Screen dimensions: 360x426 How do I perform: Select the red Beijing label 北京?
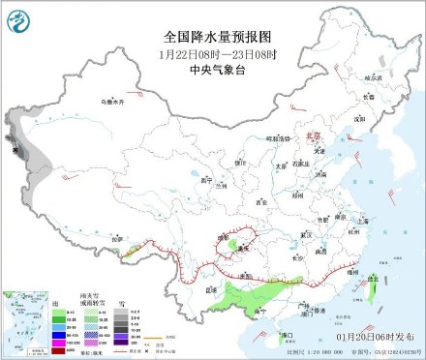coord(311,138)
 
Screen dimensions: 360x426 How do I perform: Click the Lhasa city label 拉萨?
coord(118,238)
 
